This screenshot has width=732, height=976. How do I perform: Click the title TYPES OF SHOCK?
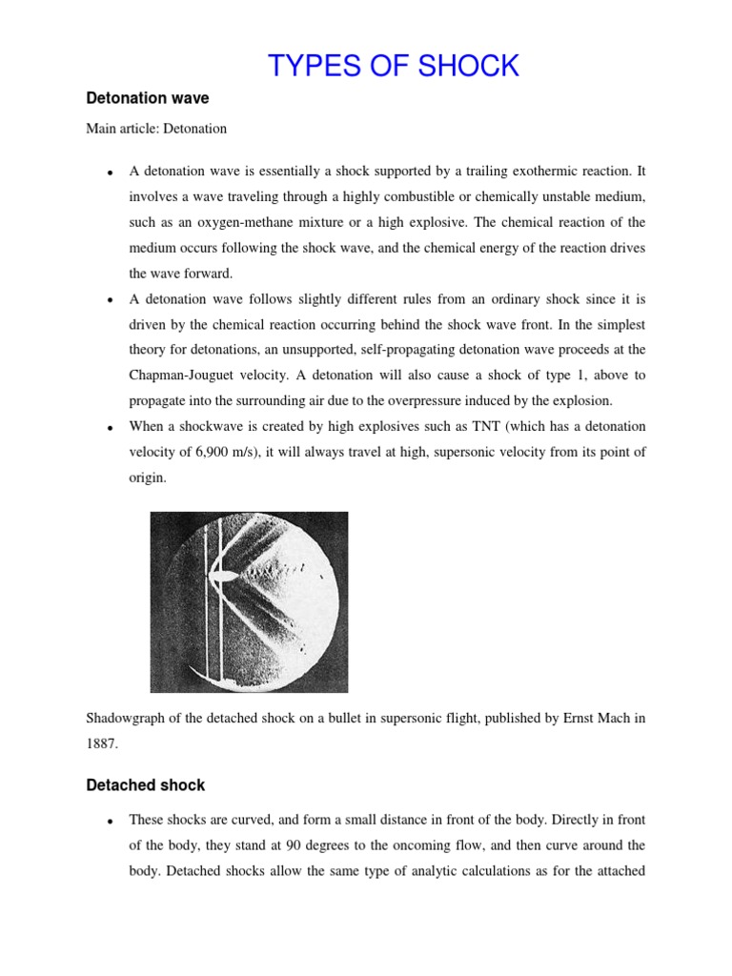394,66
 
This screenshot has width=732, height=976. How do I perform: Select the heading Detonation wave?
148,98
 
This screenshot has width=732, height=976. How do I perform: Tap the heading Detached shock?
146,785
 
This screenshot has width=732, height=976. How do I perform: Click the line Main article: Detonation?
156,128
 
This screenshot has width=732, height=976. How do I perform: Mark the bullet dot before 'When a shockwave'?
112,427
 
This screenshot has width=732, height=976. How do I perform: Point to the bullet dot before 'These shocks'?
112,821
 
